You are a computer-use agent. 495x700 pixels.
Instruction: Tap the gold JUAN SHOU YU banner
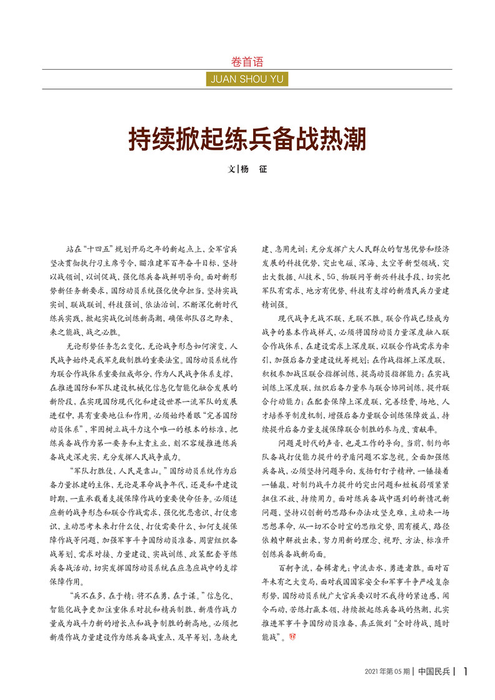point(247,79)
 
